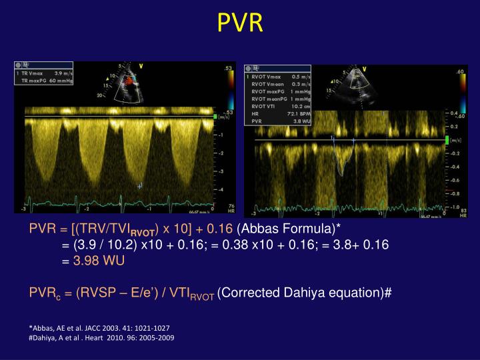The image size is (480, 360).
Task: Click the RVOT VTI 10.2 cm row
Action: click(280, 105)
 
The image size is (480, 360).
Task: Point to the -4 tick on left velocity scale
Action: click(221, 189)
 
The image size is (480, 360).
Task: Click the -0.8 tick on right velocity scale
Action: click(453, 194)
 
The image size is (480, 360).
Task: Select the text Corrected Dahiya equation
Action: click(304, 293)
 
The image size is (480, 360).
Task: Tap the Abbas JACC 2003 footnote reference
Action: click(99, 328)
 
